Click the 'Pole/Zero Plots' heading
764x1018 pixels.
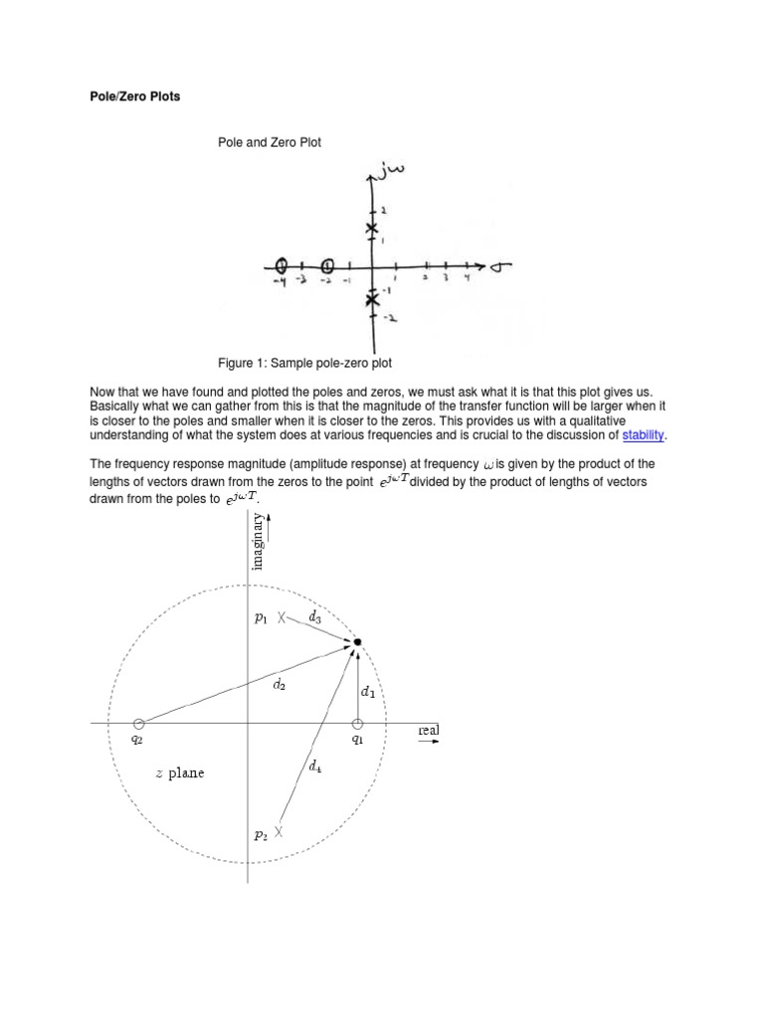click(x=130, y=97)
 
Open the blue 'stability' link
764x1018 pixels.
click(x=643, y=434)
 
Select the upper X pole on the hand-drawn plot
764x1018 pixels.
click(x=372, y=231)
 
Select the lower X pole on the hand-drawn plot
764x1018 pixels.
click(x=372, y=299)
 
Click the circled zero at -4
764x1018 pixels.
click(x=282, y=266)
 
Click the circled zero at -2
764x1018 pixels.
click(x=328, y=266)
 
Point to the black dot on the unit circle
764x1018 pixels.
click(x=358, y=642)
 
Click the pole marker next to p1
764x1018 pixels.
click(x=282, y=617)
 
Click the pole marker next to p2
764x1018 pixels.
click(x=280, y=831)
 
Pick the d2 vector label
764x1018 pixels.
click(x=280, y=683)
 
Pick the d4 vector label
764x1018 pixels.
click(x=315, y=765)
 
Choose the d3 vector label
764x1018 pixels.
click(x=314, y=617)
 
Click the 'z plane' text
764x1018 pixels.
click(x=180, y=772)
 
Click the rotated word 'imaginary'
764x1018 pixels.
click(x=258, y=542)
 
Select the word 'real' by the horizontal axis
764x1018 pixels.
click(x=429, y=730)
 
